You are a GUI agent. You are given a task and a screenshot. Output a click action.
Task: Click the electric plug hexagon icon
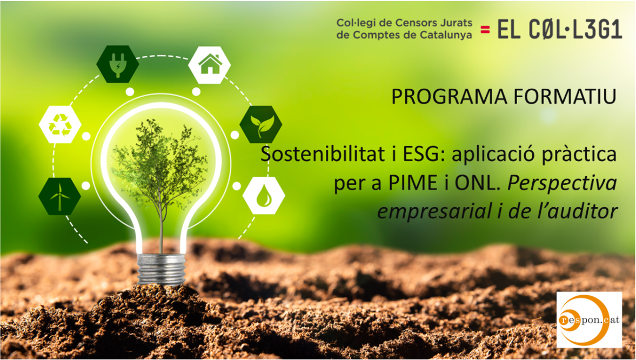point(118,64)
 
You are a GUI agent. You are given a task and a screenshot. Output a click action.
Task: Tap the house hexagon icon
point(210,65)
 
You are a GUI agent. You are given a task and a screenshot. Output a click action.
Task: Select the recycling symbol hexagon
point(60,125)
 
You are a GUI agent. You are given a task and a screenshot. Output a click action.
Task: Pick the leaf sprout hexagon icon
point(261,125)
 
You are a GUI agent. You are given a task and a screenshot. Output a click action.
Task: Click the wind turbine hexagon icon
point(59,196)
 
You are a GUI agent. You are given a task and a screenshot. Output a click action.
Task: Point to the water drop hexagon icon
point(264,196)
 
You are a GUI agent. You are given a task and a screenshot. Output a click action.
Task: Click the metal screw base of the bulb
point(161,269)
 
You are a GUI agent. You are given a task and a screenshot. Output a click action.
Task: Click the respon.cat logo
point(589,319)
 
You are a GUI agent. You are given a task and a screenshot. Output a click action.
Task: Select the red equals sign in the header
point(485,30)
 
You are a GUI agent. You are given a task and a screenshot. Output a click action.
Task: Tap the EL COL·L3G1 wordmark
point(560,30)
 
